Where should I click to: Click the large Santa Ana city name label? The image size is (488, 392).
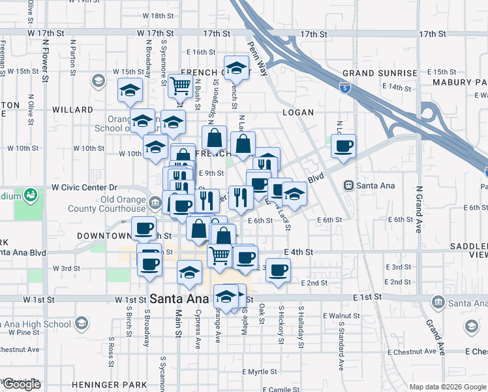(179, 299)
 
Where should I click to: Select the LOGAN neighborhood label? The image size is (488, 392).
(298, 112)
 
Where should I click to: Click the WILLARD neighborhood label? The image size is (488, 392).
(72, 110)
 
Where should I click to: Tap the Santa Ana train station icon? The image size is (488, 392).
(349, 186)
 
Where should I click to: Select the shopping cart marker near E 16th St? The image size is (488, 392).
(180, 84)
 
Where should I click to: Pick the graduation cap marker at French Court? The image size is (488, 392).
(236, 67)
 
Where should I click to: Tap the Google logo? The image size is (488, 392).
(22, 384)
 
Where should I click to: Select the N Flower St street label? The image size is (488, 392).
(45, 61)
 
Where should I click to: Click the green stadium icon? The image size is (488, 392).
(29, 195)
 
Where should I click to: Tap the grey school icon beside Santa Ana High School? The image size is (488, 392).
(81, 323)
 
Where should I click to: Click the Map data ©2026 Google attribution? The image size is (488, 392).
(447, 387)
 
